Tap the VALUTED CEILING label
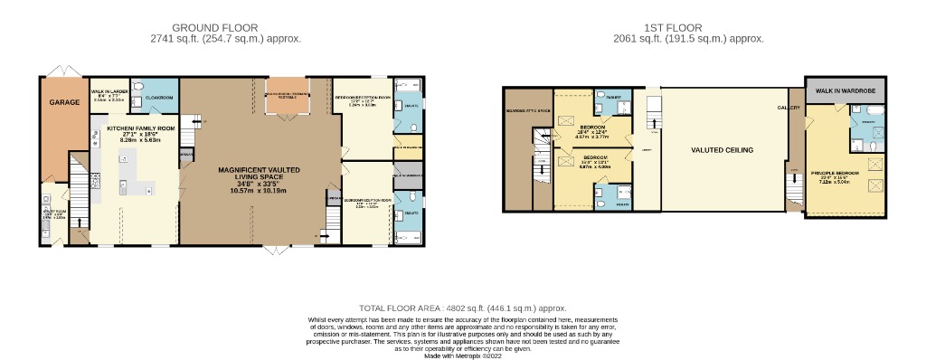pyautogui.click(x=723, y=150)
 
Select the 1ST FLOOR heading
pyautogui.click(x=688, y=28)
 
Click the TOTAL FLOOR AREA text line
pyautogui.click(x=462, y=308)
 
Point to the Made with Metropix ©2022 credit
pyautogui.click(x=462, y=355)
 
